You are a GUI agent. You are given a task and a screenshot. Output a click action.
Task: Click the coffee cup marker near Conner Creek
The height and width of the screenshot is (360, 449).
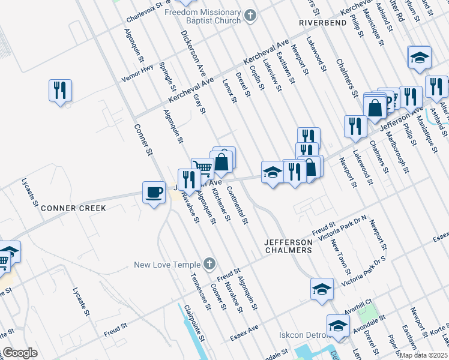(154, 193)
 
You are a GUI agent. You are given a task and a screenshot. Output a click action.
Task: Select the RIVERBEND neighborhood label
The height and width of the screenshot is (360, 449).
(322, 22)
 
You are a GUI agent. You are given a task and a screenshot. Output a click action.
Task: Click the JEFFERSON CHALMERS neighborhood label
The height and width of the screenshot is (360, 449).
(289, 245)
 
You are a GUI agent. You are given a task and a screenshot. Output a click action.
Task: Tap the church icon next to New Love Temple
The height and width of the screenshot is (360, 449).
(209, 263)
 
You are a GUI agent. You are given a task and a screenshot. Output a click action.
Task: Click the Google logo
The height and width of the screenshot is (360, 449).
(20, 353)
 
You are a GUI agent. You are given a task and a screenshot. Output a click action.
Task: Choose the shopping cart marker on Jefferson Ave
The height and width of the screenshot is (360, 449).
(202, 168)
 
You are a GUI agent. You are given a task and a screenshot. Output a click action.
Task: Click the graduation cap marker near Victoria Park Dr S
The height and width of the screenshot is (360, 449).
(322, 289)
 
